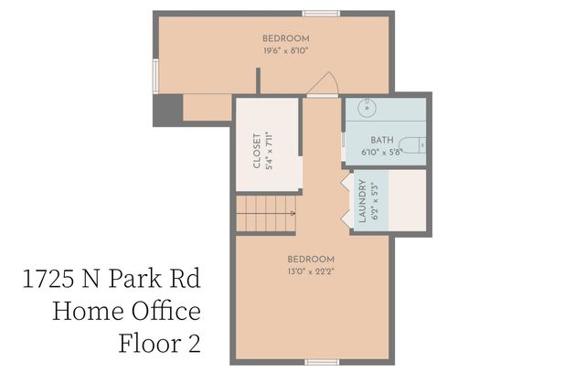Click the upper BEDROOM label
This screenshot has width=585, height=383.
(285, 38)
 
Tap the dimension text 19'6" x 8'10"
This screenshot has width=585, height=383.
(285, 51)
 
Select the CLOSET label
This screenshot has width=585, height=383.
(258, 152)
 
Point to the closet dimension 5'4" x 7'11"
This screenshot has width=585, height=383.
(271, 152)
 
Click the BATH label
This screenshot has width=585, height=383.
(382, 140)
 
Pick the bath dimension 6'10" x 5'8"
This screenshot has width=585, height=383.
(382, 152)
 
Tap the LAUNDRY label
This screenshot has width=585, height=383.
(362, 201)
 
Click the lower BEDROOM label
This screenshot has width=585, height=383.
(311, 259)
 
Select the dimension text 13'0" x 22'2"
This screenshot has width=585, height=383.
(311, 271)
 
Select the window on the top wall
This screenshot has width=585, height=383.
(321, 14)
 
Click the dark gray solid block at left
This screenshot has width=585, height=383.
(166, 111)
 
